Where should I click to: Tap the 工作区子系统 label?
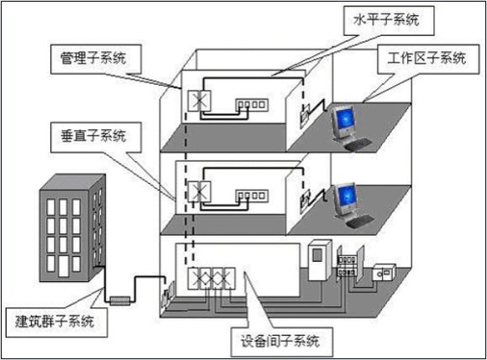tap(426, 58)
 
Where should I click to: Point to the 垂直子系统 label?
tap(90, 134)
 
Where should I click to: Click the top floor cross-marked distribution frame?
tap(200, 102)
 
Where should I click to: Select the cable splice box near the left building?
tap(116, 297)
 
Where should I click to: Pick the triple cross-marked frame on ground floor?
tap(212, 279)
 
